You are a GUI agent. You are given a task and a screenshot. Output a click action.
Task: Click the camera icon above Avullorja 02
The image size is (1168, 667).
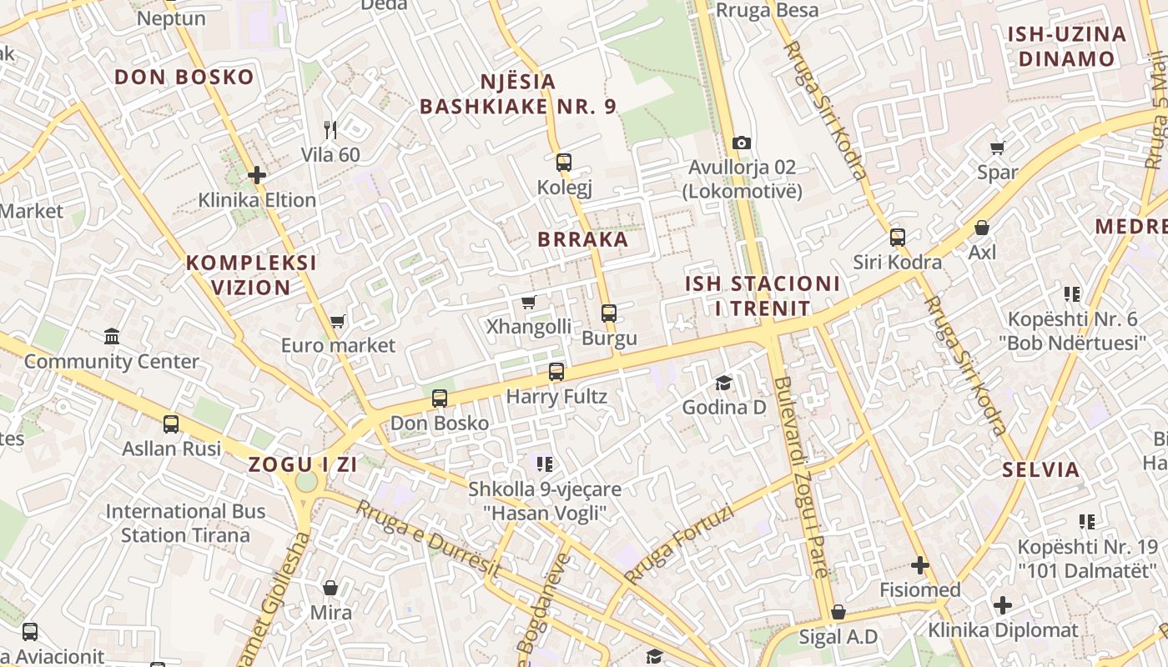741,143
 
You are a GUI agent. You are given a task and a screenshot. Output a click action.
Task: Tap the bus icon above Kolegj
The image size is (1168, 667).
564,163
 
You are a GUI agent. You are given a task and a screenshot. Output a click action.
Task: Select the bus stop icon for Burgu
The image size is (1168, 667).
609,313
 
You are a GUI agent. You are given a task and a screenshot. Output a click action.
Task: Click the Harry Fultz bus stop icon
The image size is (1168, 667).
556,372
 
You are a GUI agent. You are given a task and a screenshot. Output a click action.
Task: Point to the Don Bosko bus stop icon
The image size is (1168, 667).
440,399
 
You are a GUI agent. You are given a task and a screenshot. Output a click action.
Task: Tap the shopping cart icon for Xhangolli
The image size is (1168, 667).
528,302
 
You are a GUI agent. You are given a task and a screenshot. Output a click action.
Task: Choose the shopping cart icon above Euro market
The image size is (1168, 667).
338,321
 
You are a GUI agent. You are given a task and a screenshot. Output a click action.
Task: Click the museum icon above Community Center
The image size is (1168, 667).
112,337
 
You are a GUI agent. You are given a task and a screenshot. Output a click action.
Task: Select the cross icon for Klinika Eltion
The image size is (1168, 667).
257,175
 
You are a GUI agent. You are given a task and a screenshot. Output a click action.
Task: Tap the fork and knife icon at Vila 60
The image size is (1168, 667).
330,130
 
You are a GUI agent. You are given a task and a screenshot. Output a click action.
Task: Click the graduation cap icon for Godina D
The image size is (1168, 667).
723,383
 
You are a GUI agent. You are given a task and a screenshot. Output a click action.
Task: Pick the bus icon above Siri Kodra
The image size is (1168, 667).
898,238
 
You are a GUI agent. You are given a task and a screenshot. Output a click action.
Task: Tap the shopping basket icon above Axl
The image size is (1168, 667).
982,228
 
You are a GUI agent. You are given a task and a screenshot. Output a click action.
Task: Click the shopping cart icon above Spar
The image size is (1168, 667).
997,148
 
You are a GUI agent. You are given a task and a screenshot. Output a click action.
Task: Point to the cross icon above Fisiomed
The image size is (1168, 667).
920,566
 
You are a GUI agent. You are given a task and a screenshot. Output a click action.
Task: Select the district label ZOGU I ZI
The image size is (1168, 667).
303,465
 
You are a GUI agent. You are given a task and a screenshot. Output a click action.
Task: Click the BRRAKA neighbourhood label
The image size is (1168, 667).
582,239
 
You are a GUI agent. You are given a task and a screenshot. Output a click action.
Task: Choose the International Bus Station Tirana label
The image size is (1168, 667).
185,523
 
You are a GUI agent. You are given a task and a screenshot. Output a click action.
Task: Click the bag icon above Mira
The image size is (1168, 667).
330,588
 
